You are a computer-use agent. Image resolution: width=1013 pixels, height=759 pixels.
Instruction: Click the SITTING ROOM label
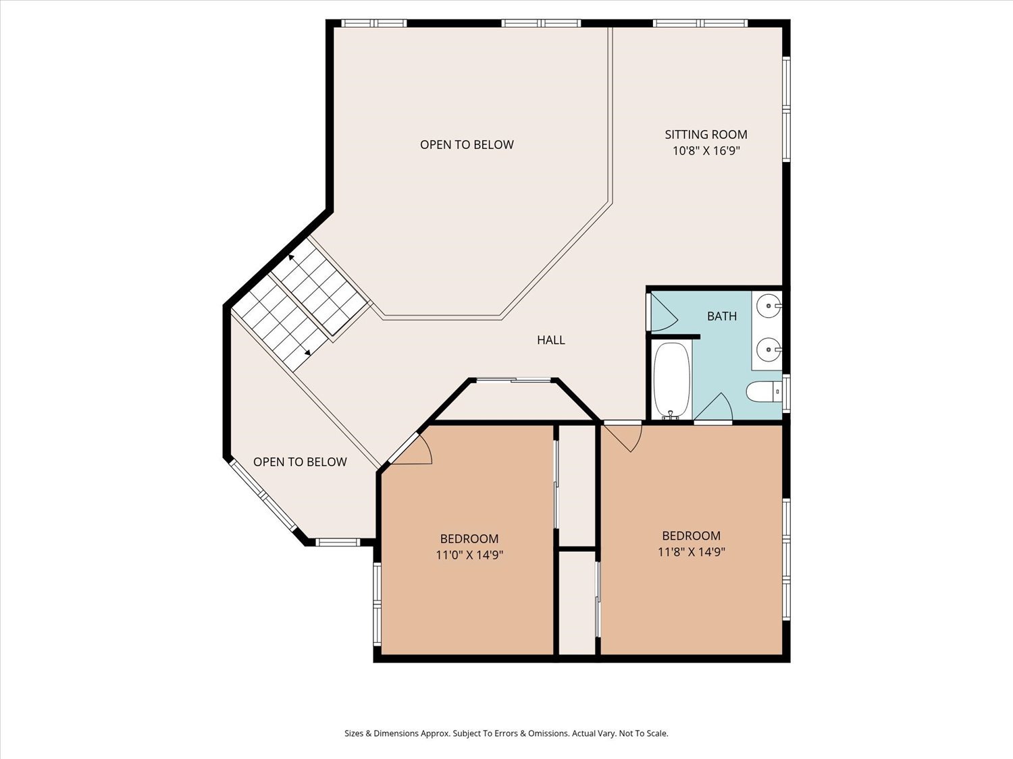pos(706,134)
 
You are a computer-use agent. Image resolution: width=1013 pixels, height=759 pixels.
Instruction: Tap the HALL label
pos(551,340)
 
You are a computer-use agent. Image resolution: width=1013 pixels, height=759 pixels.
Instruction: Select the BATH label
pos(722,316)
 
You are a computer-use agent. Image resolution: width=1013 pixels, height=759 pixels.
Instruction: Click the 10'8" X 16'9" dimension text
pos(706,150)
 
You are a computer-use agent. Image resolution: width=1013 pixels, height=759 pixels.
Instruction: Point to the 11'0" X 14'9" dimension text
pos(469,555)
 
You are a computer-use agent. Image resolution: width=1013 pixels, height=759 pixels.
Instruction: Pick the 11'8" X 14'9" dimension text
pos(692,552)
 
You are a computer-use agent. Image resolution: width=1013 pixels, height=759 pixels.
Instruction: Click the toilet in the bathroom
pos(763,392)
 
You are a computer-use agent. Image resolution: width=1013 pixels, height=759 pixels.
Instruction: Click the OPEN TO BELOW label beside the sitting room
pos(467,144)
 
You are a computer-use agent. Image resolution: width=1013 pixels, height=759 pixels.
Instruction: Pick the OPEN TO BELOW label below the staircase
pos(300,461)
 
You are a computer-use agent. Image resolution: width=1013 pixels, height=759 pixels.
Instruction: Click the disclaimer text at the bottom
pos(506,733)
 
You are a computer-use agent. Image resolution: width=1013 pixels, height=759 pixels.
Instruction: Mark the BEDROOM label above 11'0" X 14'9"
pos(469,538)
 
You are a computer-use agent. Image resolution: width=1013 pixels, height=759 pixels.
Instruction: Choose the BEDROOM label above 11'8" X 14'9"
pos(692,536)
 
